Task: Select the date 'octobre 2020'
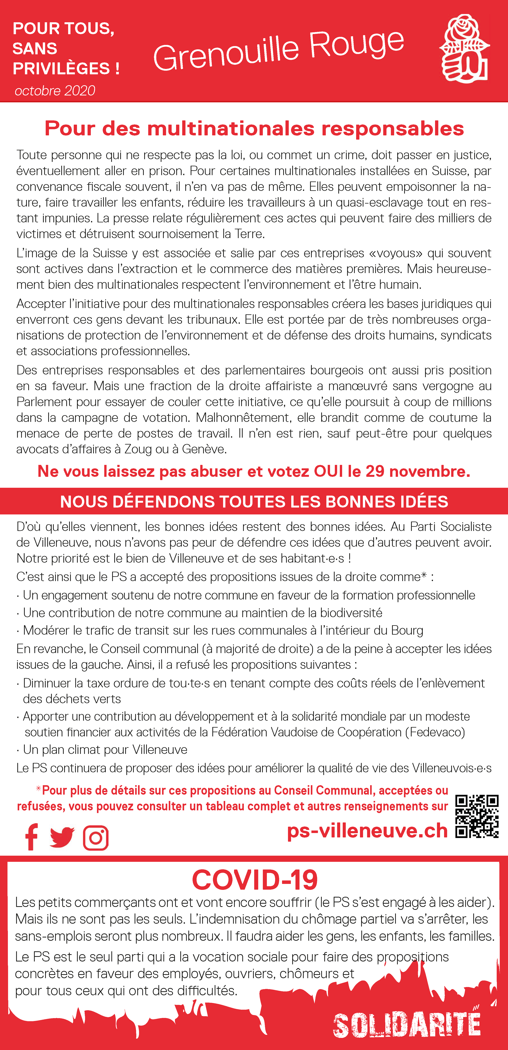click(55, 90)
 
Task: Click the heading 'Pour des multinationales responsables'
click(254, 128)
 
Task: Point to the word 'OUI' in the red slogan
click(328, 471)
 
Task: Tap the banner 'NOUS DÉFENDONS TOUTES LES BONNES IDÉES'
click(254, 501)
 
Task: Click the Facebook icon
click(31, 837)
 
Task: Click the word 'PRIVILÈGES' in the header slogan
click(61, 69)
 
